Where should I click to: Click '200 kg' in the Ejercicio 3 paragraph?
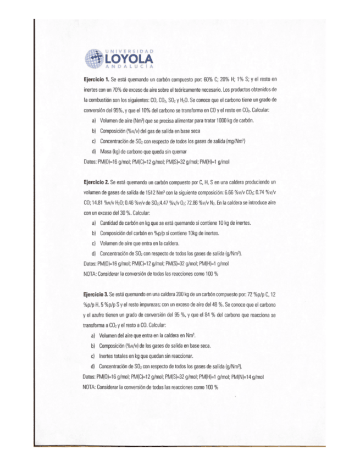coord(167,296)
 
